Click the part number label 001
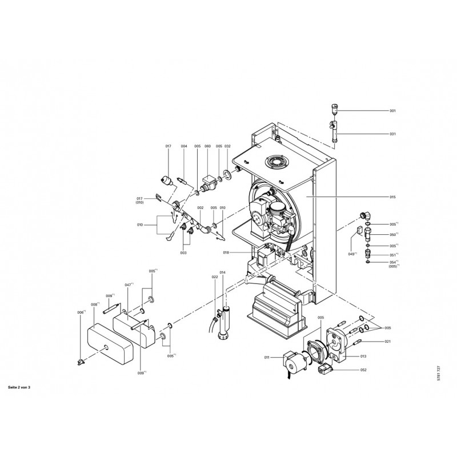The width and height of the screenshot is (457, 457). coord(392,110)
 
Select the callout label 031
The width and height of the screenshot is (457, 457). coord(392,134)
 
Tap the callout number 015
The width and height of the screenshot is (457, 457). coord(392,197)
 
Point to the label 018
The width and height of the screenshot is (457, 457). coord(226,252)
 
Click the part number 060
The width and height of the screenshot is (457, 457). coord(207,147)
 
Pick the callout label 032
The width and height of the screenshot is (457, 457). coord(227,147)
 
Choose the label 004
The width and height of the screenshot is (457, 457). coord(184,147)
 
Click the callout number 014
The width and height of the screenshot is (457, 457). coord(223,273)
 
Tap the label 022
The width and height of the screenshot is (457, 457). coord(215,277)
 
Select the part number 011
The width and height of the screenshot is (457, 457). coord(266,358)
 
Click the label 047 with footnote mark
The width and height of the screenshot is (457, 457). coord(129,284)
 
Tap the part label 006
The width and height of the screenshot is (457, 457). coord(81,312)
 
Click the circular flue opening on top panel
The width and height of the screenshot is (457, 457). coord(278,161)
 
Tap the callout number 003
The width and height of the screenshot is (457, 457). coord(183,252)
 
